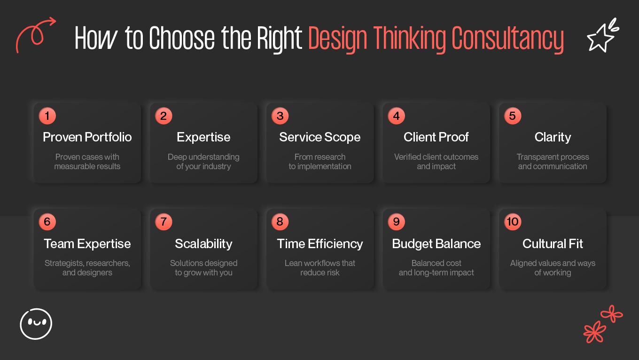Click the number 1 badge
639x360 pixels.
[x=47, y=116]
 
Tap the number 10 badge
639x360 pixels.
[x=513, y=222]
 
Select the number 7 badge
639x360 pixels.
[x=164, y=222]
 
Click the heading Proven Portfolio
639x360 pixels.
[x=87, y=137]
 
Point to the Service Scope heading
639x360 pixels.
[x=320, y=137]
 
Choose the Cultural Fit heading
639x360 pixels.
[x=553, y=244]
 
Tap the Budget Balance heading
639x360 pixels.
[x=436, y=244]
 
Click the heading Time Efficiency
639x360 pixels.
[x=320, y=244]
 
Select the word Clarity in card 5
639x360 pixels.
[x=553, y=137]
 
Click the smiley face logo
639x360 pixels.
[x=36, y=324]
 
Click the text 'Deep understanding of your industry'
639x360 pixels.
[x=203, y=162]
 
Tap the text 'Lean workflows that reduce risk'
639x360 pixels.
[x=320, y=268]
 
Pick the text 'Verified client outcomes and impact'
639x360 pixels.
[x=436, y=162]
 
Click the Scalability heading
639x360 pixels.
[x=203, y=244]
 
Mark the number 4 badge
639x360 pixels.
[x=396, y=116]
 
